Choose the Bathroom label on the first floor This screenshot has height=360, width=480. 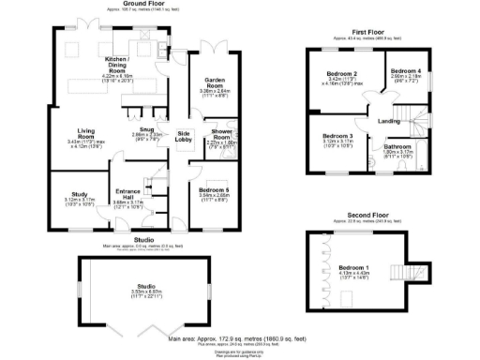pos(399,148)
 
